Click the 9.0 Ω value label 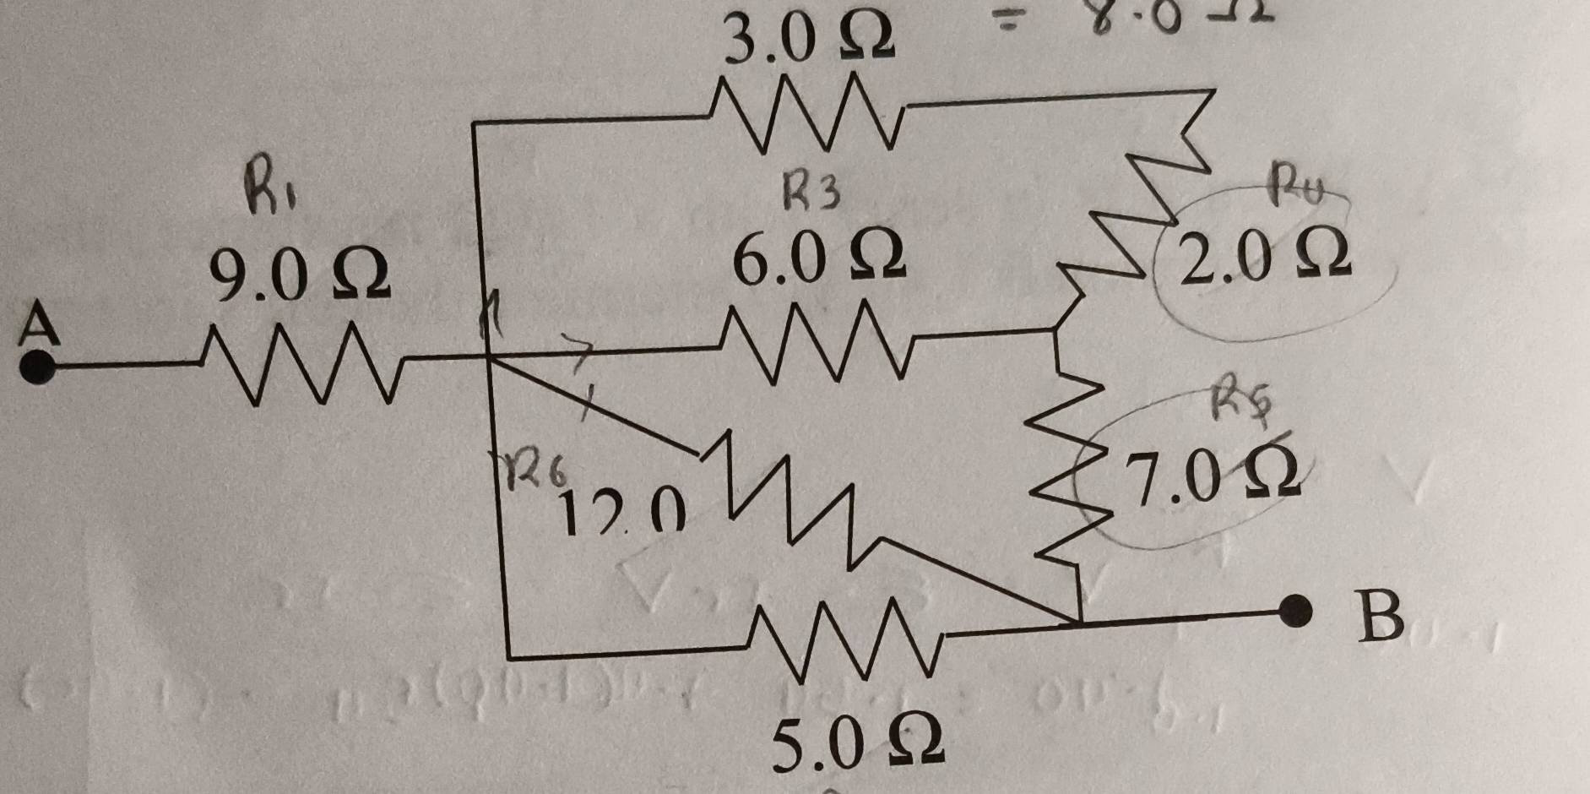[300, 277]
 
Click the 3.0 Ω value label [811, 41]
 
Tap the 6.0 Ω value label [817, 257]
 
